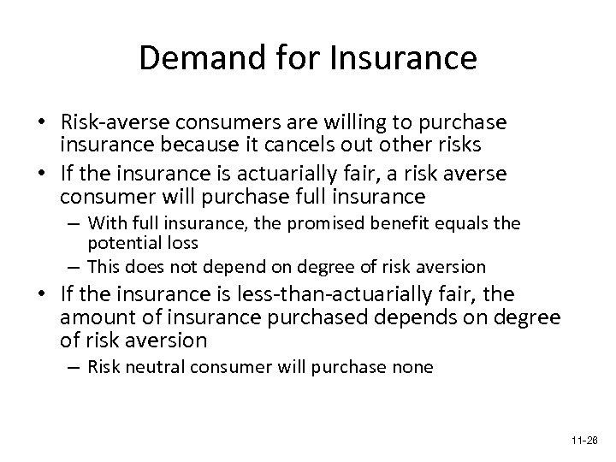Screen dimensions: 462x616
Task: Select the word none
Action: [411, 368]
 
